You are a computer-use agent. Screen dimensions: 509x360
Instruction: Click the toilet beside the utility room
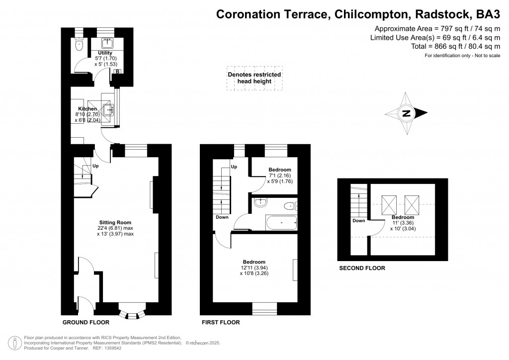click(79, 45)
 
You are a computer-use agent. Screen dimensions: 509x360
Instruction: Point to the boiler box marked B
click(118, 72)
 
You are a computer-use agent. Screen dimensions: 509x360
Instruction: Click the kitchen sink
click(108, 110)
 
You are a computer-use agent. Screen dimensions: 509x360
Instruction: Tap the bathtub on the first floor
click(281, 223)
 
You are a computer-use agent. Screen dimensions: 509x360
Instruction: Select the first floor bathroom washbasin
click(260, 202)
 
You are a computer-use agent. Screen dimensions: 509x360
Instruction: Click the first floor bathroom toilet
click(290, 206)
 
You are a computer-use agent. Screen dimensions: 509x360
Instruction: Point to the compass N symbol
click(407, 113)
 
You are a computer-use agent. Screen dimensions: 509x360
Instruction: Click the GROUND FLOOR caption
click(85, 322)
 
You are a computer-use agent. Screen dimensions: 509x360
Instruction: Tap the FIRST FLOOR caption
click(221, 322)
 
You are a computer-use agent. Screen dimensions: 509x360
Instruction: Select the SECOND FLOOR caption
click(362, 268)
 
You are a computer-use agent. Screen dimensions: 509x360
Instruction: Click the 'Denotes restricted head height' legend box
click(254, 78)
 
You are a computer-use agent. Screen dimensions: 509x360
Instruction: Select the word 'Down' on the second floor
click(359, 221)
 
